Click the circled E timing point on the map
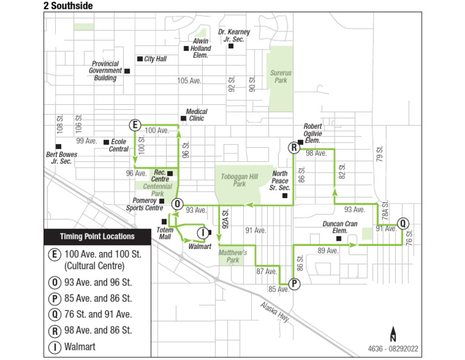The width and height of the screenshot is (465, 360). (x=134, y=125)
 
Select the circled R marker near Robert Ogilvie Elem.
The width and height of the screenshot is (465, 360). (x=294, y=147)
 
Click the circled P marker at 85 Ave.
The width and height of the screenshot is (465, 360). (x=294, y=283)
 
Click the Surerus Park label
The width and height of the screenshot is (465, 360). (x=280, y=76)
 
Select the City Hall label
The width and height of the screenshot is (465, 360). (x=155, y=59)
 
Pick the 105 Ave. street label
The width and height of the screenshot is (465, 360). (x=189, y=81)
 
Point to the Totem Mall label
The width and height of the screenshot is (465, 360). (x=165, y=234)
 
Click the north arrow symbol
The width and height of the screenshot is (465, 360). (x=393, y=334)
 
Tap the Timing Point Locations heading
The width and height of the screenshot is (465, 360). (x=97, y=236)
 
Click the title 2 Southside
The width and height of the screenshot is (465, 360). (x=68, y=5)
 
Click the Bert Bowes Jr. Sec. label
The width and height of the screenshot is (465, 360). (x=62, y=158)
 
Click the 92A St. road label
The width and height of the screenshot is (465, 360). (x=224, y=218)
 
